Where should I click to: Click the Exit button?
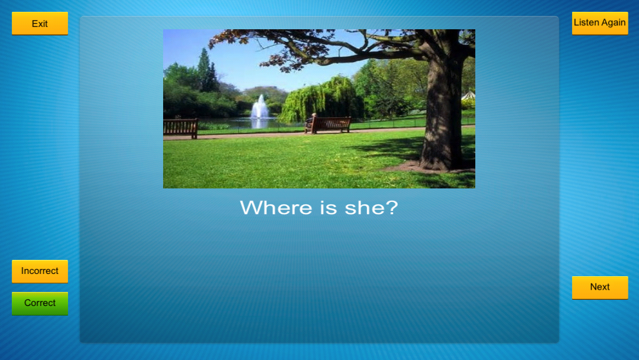pyautogui.click(x=40, y=23)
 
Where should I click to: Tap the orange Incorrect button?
pyautogui.click(x=40, y=271)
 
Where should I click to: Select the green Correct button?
pyautogui.click(x=40, y=303)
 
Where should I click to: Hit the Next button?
pyautogui.click(x=600, y=287)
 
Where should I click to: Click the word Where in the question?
pyautogui.click(x=277, y=208)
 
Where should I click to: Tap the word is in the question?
pyautogui.click(x=329, y=208)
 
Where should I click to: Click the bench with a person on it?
pyautogui.click(x=328, y=125)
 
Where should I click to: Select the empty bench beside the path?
pyautogui.click(x=181, y=128)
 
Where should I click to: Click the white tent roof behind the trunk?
pyautogui.click(x=469, y=96)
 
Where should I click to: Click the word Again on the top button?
pyautogui.click(x=613, y=22)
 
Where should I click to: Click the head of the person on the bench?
pyautogui.click(x=314, y=115)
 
